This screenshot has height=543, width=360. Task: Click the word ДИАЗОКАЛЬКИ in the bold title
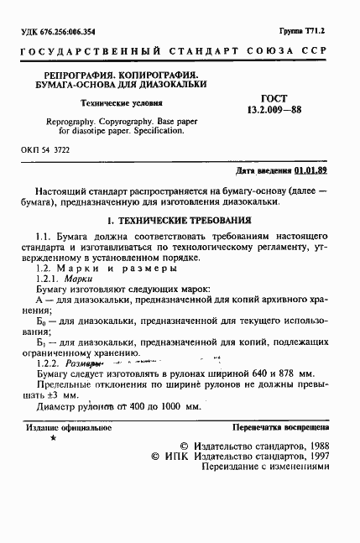[x=168, y=86]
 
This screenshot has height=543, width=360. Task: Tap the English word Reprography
[x=65, y=121]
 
